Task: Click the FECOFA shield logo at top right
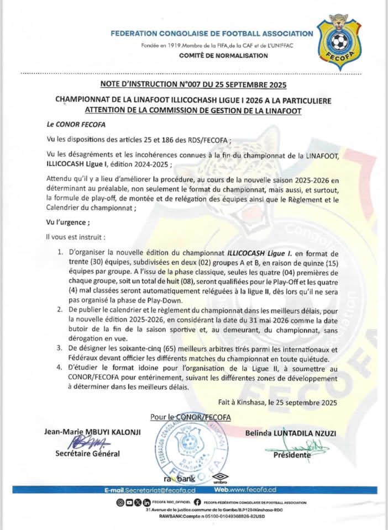(338, 41)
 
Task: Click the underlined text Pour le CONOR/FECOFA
(190, 415)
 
